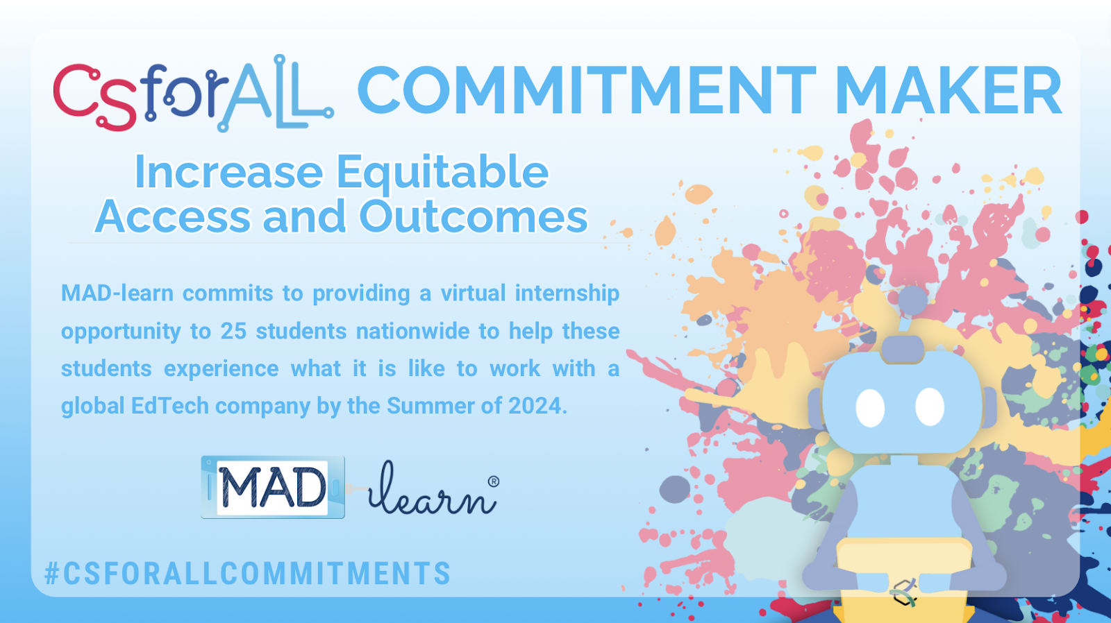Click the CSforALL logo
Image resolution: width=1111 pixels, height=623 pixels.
click(194, 94)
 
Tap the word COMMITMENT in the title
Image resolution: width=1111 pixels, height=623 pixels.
click(587, 91)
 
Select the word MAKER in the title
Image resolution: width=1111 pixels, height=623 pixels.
click(949, 91)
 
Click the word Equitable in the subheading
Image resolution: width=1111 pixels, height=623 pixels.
click(442, 173)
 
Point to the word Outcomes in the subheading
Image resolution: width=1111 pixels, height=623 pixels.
click(473, 216)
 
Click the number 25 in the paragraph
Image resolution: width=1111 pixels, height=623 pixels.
click(233, 331)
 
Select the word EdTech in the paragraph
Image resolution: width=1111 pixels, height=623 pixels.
click(170, 406)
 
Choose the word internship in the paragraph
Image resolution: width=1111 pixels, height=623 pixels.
click(567, 293)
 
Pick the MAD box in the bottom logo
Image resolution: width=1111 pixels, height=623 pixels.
click(273, 487)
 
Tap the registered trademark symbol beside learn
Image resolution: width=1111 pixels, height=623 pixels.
click(494, 481)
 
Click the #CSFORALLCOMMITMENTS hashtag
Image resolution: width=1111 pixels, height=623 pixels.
click(247, 574)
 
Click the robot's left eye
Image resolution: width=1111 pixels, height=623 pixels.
click(871, 408)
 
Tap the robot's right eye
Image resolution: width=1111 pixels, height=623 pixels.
click(930, 407)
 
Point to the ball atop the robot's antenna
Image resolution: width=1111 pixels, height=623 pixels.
click(912, 300)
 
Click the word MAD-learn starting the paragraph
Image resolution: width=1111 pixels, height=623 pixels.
click(117, 293)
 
